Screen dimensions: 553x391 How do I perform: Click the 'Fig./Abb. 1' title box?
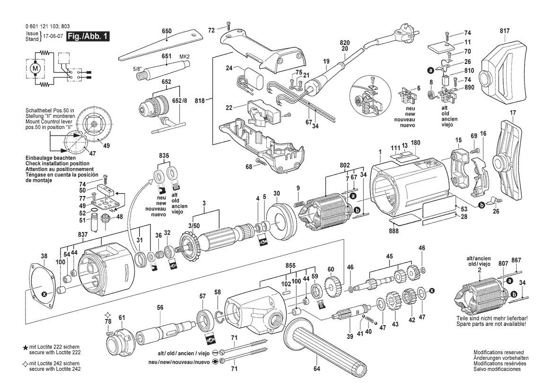88,36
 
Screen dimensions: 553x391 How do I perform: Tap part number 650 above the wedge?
167,31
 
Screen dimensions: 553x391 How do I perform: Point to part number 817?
505,31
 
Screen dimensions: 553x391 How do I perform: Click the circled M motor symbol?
35,68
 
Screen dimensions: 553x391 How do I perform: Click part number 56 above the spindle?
160,308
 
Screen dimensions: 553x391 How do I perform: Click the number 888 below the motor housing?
394,231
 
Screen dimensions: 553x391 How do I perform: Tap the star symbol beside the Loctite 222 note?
26,348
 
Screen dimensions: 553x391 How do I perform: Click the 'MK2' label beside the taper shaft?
184,56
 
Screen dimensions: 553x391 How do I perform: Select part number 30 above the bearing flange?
277,193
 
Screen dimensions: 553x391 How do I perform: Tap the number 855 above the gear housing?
290,266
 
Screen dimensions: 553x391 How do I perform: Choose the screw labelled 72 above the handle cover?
228,26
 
